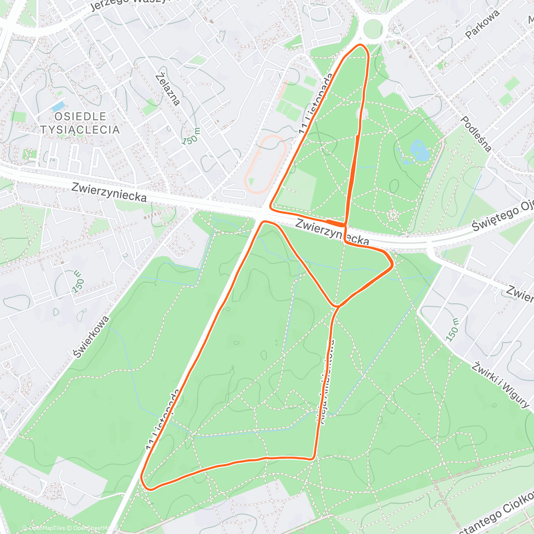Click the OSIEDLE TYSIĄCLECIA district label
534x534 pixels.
point(80,123)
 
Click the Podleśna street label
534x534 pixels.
point(476,134)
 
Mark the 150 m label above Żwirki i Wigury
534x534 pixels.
point(452,330)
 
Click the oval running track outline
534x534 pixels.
point(266,164)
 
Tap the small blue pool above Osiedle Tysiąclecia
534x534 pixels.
point(58,106)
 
